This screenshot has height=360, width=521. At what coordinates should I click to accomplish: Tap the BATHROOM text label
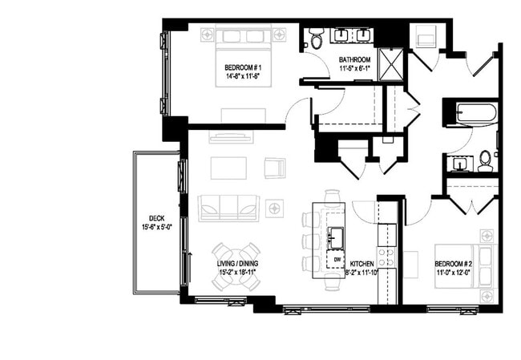[354, 60]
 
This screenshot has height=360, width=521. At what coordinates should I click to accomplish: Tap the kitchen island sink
[335, 237]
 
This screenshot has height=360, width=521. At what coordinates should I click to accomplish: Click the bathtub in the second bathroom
[471, 113]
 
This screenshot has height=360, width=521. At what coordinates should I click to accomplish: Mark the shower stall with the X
[391, 63]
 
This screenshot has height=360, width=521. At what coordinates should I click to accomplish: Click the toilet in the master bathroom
[316, 37]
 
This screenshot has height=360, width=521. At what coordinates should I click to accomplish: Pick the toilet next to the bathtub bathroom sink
[486, 162]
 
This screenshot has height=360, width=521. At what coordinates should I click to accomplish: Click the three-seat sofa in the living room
[229, 208]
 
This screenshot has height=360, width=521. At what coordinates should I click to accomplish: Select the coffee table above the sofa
[228, 168]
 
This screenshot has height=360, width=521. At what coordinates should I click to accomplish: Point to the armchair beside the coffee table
[275, 168]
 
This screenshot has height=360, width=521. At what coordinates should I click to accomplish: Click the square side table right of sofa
[275, 208]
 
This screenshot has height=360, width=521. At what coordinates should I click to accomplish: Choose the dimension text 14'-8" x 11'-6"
[243, 76]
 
